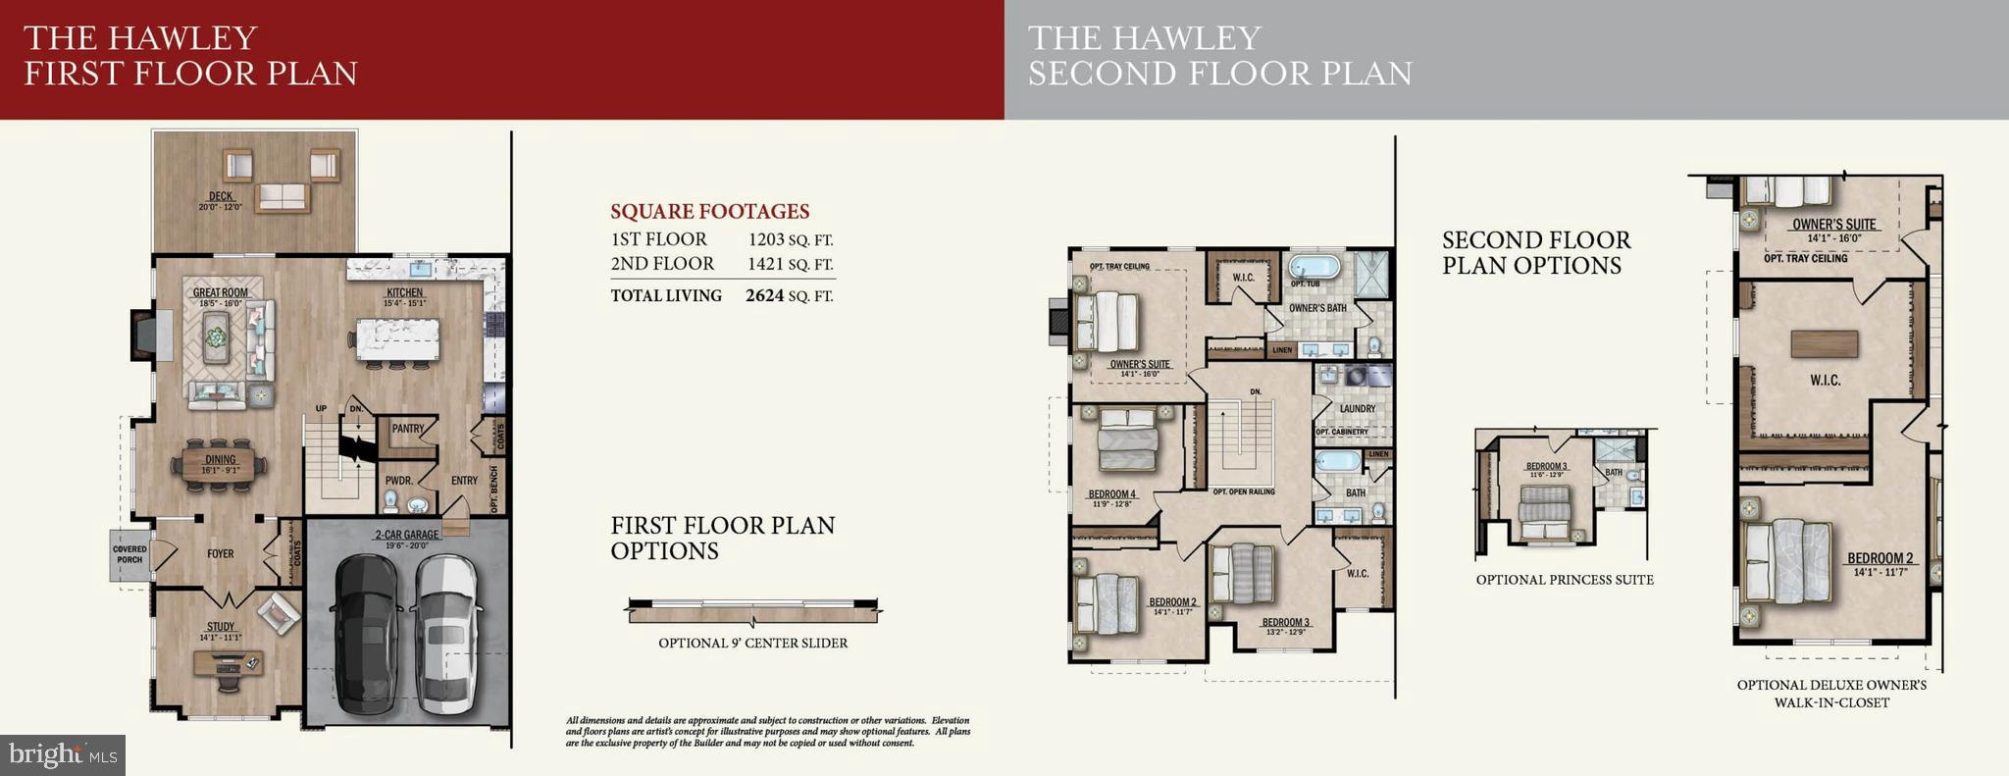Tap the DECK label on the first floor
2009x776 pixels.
point(221,196)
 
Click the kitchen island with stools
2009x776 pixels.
point(395,337)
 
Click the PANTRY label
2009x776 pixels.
point(408,429)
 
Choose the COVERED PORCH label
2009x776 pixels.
point(129,555)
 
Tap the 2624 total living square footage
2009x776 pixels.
point(764,295)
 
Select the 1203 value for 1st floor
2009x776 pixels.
point(766,239)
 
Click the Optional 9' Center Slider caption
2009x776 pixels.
point(752,644)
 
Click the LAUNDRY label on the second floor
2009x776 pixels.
point(1358,409)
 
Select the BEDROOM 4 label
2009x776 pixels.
point(1111,494)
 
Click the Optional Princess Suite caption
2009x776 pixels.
point(1565,580)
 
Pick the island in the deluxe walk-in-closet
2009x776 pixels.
point(1824,343)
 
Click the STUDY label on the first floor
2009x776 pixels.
point(220,627)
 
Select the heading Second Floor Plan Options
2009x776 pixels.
point(1535,253)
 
